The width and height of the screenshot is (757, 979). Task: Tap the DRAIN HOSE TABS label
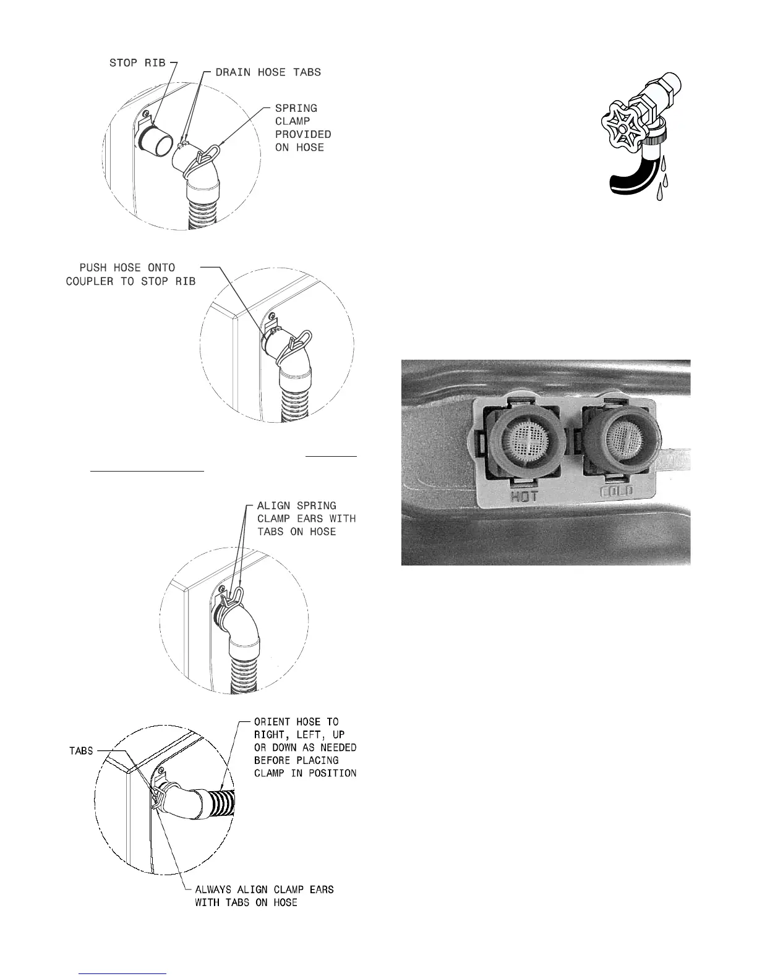(x=268, y=72)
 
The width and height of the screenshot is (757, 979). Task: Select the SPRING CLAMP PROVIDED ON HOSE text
(x=303, y=128)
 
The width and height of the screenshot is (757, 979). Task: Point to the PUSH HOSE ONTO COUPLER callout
(x=131, y=274)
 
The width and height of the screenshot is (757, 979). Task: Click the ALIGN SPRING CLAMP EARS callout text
(x=306, y=519)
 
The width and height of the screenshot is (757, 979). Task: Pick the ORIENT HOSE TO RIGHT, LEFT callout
(x=306, y=747)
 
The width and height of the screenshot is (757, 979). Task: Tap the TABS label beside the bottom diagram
(x=81, y=751)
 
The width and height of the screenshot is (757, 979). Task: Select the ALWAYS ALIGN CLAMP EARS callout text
(x=264, y=896)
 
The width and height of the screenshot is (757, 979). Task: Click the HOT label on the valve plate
(x=523, y=493)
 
